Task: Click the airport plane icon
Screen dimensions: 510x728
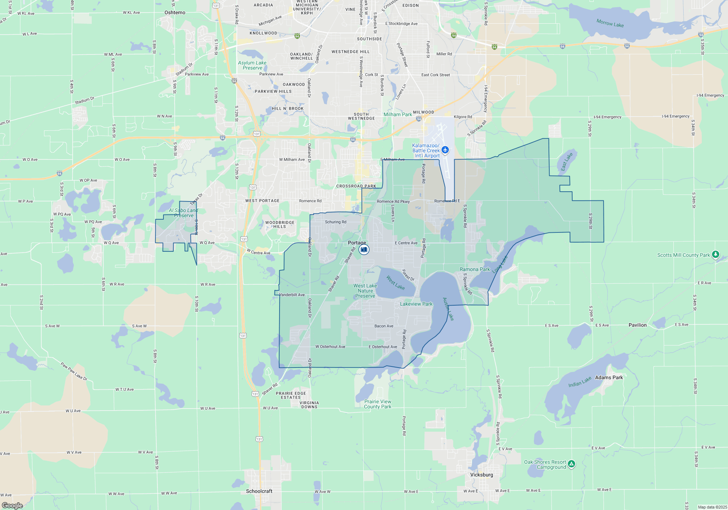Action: tap(445, 150)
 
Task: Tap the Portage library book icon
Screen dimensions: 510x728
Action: tap(364, 250)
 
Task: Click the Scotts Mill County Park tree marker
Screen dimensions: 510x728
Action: tap(715, 254)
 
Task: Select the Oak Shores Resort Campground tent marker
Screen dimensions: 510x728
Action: tap(571, 464)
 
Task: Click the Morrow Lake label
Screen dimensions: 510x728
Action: tap(610, 23)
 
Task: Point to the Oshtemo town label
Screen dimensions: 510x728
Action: tap(175, 13)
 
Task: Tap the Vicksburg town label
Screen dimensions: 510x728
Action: tap(482, 475)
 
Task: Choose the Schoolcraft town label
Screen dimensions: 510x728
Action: tap(259, 491)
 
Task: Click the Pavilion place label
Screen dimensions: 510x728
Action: tap(638, 325)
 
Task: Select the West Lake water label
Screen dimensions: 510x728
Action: tap(395, 282)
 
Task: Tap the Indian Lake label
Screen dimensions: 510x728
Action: tap(580, 382)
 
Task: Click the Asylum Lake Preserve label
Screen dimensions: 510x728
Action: tap(252, 65)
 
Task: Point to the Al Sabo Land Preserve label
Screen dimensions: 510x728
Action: tap(183, 213)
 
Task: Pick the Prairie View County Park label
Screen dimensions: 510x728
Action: tap(378, 404)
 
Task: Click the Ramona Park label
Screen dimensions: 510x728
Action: tap(475, 269)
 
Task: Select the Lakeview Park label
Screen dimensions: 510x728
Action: tap(416, 304)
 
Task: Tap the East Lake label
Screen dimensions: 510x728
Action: tap(566, 161)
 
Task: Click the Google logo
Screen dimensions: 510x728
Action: tap(12, 505)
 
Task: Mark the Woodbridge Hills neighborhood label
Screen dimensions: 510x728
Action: tap(280, 224)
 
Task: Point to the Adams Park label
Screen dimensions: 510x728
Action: tap(609, 377)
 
